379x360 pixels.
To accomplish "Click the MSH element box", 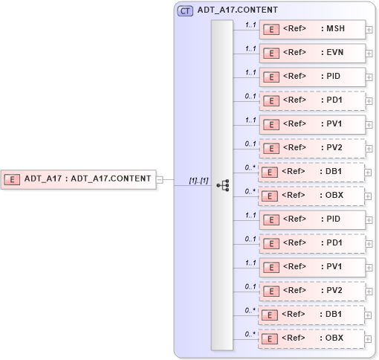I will [312, 29].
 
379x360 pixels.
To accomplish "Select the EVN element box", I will [312, 53].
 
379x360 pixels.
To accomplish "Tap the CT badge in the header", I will [185, 11].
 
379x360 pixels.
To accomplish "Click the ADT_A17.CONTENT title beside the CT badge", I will [238, 11].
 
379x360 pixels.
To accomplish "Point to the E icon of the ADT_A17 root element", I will [13, 179].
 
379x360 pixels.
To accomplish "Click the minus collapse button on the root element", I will [160, 179].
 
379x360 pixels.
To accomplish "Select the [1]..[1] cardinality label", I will [198, 180].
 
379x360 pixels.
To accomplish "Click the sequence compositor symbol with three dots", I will [222, 184].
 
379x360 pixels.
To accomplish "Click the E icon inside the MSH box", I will [273, 30].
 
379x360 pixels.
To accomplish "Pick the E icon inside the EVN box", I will [273, 54].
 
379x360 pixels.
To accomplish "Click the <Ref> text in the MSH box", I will [295, 29].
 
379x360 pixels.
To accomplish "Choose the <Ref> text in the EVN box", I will [295, 53].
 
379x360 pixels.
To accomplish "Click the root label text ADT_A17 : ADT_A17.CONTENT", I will [88, 179].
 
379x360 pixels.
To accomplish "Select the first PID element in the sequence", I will [312, 77].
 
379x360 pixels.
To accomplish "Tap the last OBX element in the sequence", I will [312, 338].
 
